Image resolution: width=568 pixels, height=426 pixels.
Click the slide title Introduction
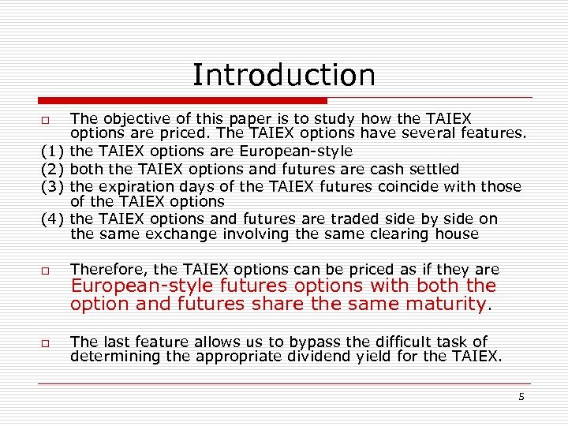point(284,76)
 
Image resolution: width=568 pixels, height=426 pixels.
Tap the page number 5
point(521,397)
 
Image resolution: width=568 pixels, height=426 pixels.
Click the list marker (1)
point(52,151)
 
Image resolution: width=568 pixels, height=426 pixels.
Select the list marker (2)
point(52,169)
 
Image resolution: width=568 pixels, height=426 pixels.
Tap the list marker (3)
point(52,187)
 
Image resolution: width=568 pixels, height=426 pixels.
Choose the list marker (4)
point(52,219)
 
